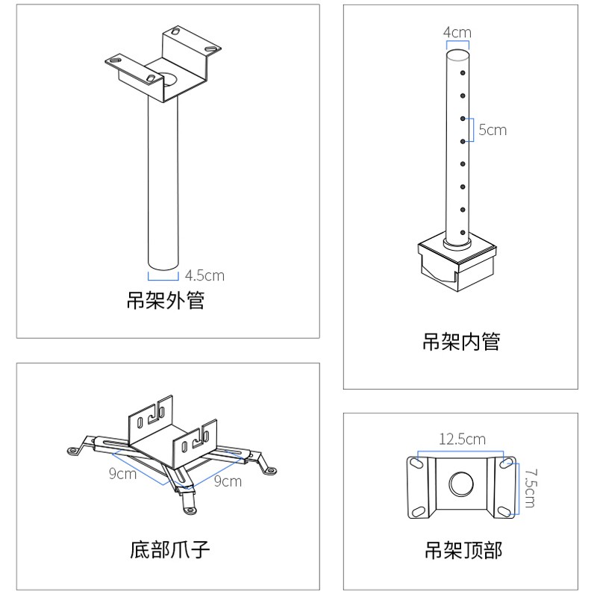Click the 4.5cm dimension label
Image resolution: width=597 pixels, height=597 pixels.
pos(204,275)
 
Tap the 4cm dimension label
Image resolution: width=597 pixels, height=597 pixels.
pos(457,32)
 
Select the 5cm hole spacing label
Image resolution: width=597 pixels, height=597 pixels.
pos(493,130)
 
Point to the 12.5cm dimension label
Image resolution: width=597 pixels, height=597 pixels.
pos(462,439)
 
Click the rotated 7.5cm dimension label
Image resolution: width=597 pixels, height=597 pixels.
pos(531,489)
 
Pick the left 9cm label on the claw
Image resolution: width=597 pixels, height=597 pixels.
pos(122,473)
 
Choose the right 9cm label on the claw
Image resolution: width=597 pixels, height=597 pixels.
pos(228,481)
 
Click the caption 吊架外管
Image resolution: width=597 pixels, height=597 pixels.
pos(166,300)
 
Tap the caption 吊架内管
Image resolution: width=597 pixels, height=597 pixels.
pos(461,341)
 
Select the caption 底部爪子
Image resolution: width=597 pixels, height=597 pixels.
pos(170,549)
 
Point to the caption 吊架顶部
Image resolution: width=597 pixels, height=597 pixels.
pos(463,550)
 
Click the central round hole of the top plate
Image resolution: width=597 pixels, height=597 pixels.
pos(461,484)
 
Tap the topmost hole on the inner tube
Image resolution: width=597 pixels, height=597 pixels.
pos(463,72)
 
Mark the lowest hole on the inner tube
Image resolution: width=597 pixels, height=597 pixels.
pos(463,232)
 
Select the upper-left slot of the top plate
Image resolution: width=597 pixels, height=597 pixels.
pos(418,463)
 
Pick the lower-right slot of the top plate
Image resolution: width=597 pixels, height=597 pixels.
pos(504,510)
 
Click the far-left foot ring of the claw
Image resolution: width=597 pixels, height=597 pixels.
pos(72,451)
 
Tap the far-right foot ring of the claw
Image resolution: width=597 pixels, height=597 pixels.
pos(272,471)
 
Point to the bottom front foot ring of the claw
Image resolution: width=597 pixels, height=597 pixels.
pos(190,510)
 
